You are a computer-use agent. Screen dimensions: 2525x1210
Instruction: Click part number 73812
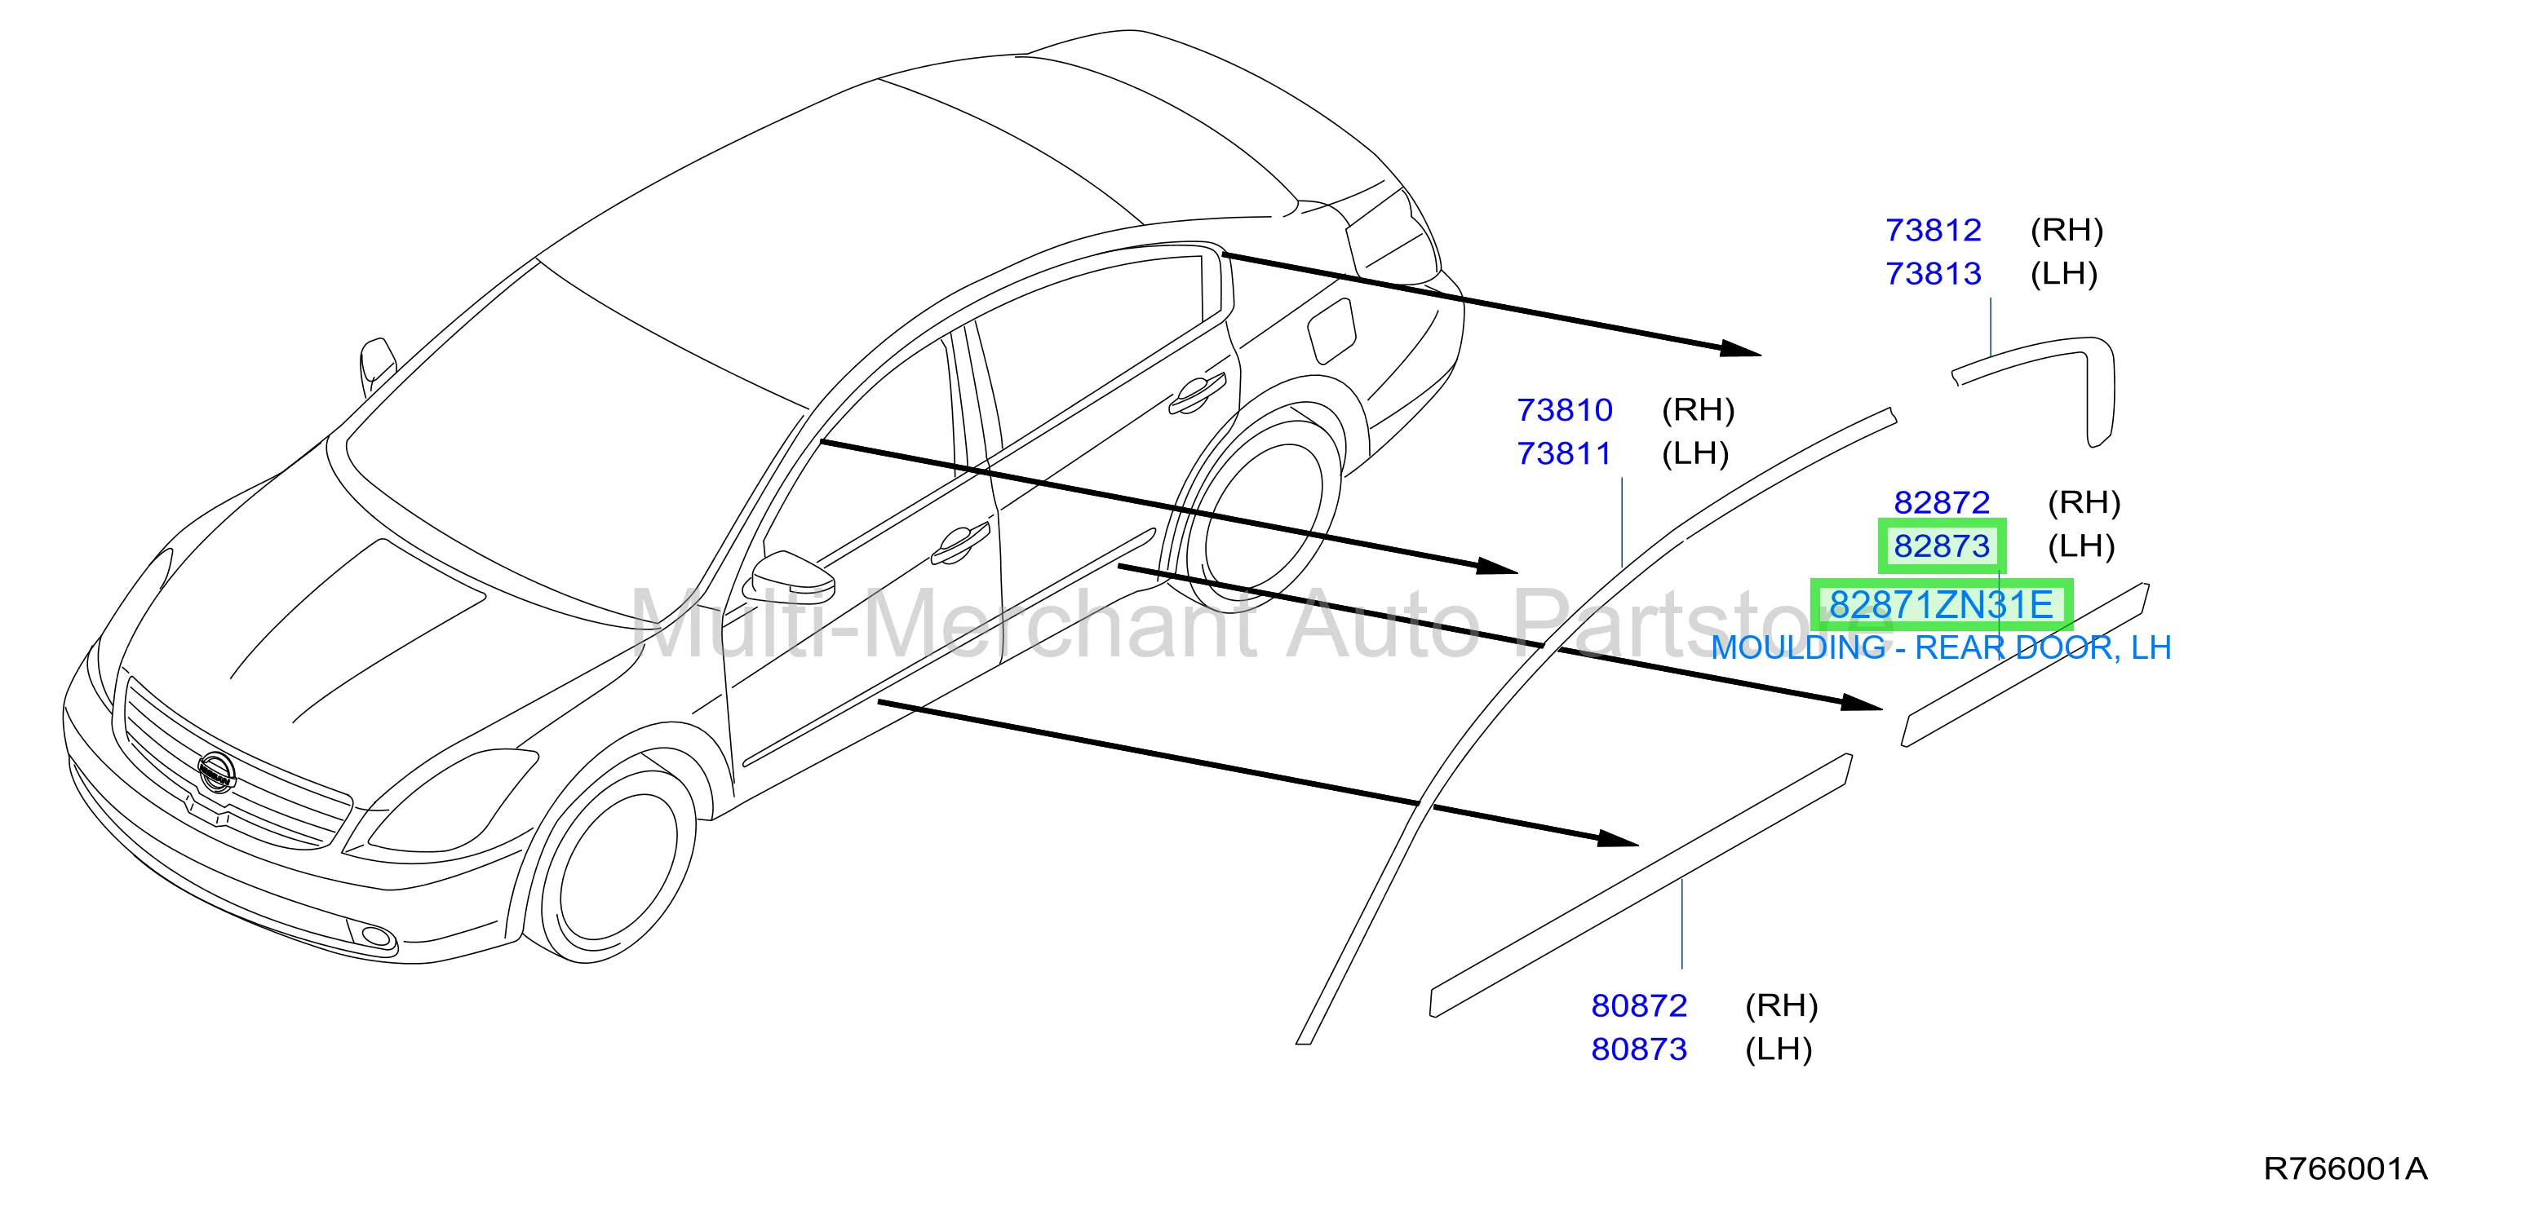tap(1933, 230)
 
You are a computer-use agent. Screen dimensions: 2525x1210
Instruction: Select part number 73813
tap(1933, 273)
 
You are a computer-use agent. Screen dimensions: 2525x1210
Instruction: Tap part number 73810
tap(1565, 409)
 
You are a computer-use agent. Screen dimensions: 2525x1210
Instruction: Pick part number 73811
tap(1565, 453)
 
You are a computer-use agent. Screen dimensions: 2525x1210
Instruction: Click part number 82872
tap(1941, 502)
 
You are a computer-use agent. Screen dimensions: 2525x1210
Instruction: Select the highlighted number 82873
tap(1941, 545)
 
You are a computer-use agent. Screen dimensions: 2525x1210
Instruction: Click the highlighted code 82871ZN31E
tap(1941, 604)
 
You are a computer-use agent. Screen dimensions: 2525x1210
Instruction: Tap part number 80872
tap(1639, 1005)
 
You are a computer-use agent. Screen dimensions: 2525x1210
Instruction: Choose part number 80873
tap(1639, 1049)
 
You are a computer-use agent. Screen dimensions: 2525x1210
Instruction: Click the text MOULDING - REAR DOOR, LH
tap(1941, 647)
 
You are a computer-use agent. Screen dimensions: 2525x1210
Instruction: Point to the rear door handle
tap(1196, 393)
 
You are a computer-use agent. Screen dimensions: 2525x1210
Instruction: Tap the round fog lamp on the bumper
tap(376, 937)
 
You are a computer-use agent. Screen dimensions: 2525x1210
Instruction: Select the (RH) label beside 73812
tap(2067, 230)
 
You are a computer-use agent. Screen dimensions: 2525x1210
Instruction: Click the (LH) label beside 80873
tap(1778, 1049)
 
